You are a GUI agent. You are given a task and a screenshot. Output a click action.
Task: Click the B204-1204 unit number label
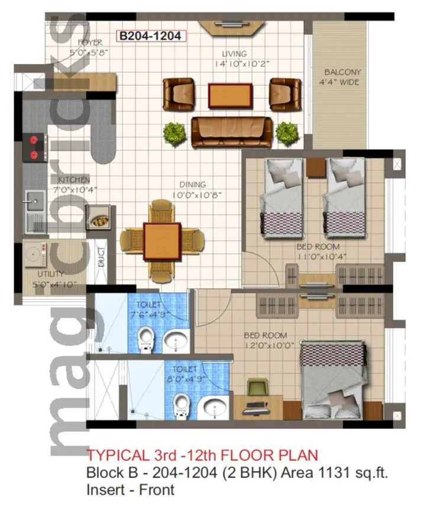[150, 36]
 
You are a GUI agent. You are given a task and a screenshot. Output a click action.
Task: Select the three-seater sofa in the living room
[231, 131]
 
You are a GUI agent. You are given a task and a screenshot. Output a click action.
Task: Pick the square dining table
[162, 240]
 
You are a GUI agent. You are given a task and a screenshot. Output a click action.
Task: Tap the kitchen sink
[34, 204]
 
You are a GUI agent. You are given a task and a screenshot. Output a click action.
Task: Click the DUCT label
[101, 256]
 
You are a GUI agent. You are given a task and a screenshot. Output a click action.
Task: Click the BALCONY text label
[342, 72]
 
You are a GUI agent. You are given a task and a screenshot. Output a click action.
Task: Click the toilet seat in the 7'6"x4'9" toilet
[144, 341]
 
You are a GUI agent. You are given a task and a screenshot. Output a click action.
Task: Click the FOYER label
[90, 42]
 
